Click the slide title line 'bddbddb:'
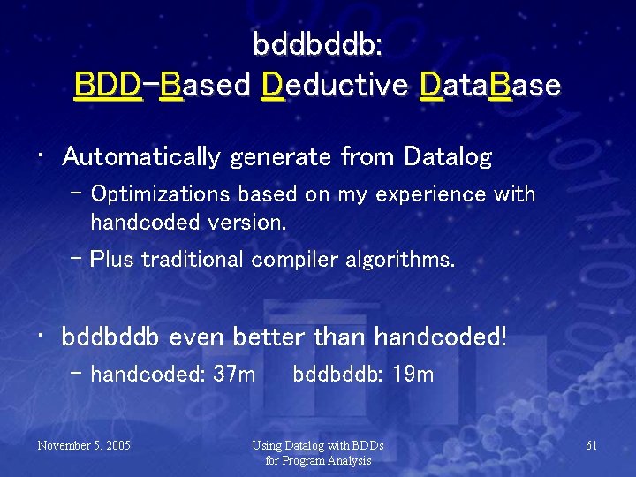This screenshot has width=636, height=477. point(317,43)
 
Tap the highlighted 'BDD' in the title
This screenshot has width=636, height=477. point(108,86)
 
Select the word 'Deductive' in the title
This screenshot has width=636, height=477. point(335,86)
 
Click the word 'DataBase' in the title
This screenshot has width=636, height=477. point(490,86)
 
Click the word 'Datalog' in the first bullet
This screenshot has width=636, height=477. point(447,157)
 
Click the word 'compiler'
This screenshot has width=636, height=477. point(288,260)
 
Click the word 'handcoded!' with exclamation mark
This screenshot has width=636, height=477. point(441,337)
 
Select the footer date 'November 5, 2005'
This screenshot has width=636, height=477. point(84,445)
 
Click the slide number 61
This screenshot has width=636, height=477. point(591,445)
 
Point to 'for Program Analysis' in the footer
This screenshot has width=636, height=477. point(318,460)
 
